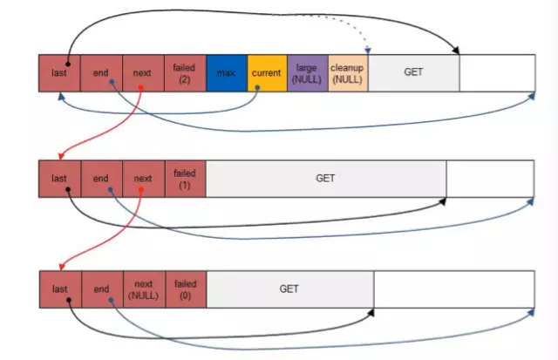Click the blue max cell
click(x=227, y=73)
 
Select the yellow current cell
click(x=268, y=73)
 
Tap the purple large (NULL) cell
click(x=308, y=73)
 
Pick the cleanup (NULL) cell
click(x=348, y=73)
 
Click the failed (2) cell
click(x=186, y=73)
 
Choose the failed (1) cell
click(x=186, y=179)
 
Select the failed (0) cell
click(x=186, y=289)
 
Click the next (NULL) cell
click(x=145, y=289)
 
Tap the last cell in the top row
click(x=60, y=73)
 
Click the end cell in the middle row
click(x=102, y=179)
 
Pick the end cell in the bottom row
click(x=103, y=289)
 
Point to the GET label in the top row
click(x=413, y=71)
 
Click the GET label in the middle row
click(x=325, y=178)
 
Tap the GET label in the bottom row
click(x=289, y=289)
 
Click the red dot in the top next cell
click(x=141, y=87)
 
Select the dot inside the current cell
click(x=257, y=87)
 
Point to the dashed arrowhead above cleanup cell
click(x=368, y=51)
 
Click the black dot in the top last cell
click(x=68, y=64)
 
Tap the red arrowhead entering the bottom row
click(x=62, y=267)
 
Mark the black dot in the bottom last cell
click(x=69, y=300)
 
